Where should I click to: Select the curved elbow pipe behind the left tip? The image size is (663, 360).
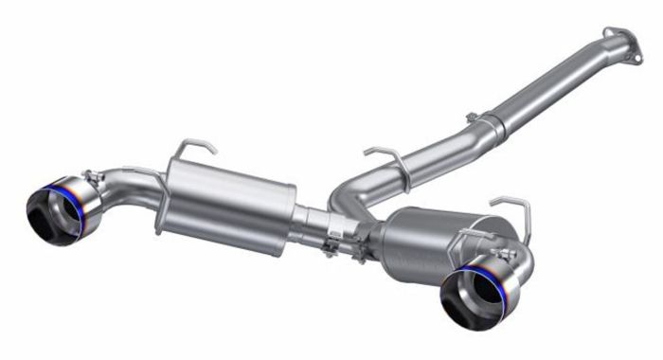(x=123, y=189)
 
